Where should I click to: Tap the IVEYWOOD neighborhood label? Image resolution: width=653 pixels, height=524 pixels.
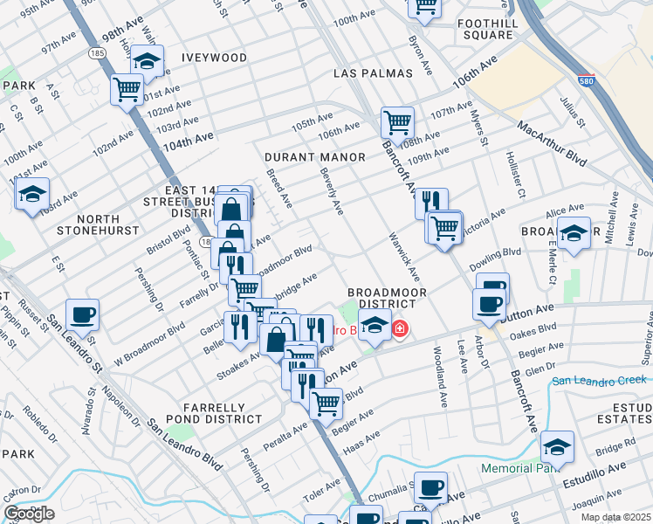point(214,58)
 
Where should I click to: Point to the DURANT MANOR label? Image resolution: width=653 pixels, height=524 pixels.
point(315,157)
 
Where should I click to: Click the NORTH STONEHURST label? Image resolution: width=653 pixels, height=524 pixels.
point(98,224)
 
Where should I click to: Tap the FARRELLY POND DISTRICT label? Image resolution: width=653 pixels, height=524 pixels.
point(222,413)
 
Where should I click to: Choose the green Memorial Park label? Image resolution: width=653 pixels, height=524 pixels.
point(521,469)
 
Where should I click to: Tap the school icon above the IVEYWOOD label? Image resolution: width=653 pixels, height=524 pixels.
point(148,60)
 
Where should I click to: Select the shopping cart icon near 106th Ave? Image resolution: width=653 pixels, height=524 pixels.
point(397,121)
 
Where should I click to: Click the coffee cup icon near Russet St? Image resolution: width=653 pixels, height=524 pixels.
point(82,314)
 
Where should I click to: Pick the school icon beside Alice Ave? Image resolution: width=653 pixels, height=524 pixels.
point(574,233)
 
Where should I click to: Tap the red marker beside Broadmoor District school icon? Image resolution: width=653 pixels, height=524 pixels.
point(400,329)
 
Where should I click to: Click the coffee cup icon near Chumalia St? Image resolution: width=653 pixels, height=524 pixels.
point(430,486)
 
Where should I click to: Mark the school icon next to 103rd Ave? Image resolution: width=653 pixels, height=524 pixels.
point(32,193)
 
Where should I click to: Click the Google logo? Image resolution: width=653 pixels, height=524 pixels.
point(29,514)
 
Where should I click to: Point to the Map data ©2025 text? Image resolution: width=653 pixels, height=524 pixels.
point(615,517)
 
